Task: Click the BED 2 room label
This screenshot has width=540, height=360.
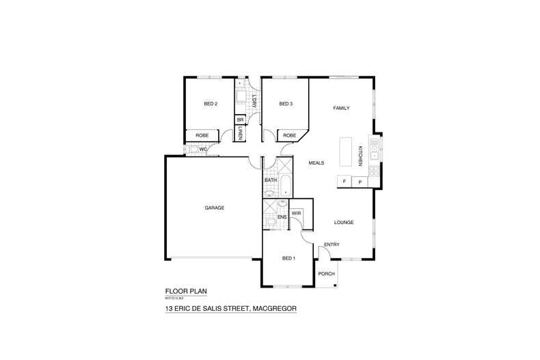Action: tap(211, 104)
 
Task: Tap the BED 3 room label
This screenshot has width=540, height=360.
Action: tap(286, 104)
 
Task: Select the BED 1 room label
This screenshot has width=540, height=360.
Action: tap(289, 258)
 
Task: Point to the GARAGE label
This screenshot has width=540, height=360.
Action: tap(215, 208)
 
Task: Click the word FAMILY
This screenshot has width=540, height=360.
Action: tap(341, 109)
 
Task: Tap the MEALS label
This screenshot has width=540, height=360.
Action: tap(316, 163)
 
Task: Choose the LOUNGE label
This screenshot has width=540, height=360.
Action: tap(343, 223)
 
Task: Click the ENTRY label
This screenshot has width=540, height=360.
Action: tap(332, 245)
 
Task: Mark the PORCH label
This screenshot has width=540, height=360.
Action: tap(327, 273)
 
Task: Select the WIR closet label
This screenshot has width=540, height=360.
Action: tap(296, 213)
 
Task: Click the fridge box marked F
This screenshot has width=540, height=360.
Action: tap(345, 182)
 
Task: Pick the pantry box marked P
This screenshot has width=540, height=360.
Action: tap(360, 182)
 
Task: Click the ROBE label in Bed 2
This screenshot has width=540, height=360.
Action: tap(202, 135)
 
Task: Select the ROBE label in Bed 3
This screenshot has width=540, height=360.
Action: tap(290, 135)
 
